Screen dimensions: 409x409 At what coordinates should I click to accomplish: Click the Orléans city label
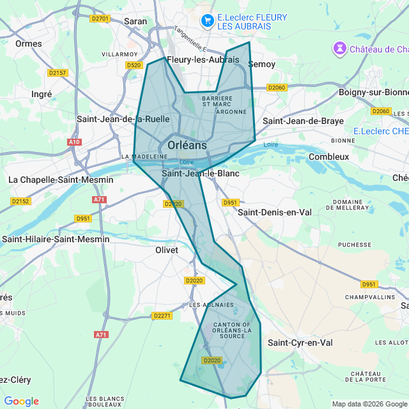pos(187,145)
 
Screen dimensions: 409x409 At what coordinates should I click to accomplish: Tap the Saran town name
pos(135,21)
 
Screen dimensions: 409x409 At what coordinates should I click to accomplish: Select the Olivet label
pos(167,250)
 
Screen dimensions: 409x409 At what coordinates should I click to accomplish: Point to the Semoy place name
pos(261,64)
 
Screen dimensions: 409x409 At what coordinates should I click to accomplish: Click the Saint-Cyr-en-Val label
pos(300,343)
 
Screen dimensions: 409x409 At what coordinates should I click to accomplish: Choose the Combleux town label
pos(328,157)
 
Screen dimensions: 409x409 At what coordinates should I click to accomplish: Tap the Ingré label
pos(42,94)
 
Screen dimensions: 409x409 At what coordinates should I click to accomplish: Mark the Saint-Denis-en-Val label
pos(275,212)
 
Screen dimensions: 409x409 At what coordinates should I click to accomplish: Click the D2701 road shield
pos(100,19)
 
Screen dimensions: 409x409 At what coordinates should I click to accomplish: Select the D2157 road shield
pos(58,73)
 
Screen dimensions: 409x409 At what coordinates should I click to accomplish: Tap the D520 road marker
pos(134,65)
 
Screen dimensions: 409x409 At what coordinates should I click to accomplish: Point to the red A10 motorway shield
pos(74,142)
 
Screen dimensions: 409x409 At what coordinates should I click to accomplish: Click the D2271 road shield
pos(162,316)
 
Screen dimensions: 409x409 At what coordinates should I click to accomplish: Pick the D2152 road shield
pos(20,201)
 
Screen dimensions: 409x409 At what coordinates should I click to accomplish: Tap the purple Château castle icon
pos(339,49)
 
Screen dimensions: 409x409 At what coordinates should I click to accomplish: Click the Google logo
pos(21,401)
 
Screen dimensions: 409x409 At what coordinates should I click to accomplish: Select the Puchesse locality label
pos(354,244)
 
